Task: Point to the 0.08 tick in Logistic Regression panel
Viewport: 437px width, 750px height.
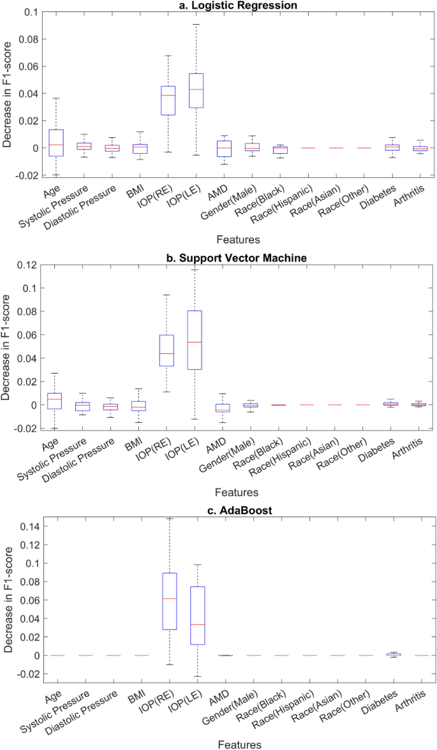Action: point(29,39)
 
